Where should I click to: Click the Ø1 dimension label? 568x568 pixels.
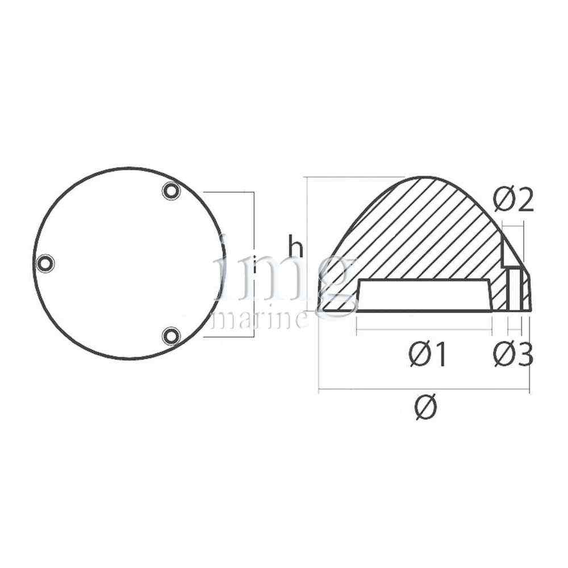click(x=428, y=355)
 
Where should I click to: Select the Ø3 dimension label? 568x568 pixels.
click(x=513, y=354)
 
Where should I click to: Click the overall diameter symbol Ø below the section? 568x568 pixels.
click(x=426, y=407)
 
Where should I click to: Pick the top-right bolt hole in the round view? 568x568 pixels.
click(x=171, y=190)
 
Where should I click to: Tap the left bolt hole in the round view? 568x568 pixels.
click(x=45, y=263)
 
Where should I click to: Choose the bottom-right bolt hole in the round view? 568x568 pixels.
click(x=170, y=336)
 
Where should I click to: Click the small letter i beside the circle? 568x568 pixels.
click(x=255, y=265)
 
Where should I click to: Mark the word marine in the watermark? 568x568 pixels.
click(x=260, y=320)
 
